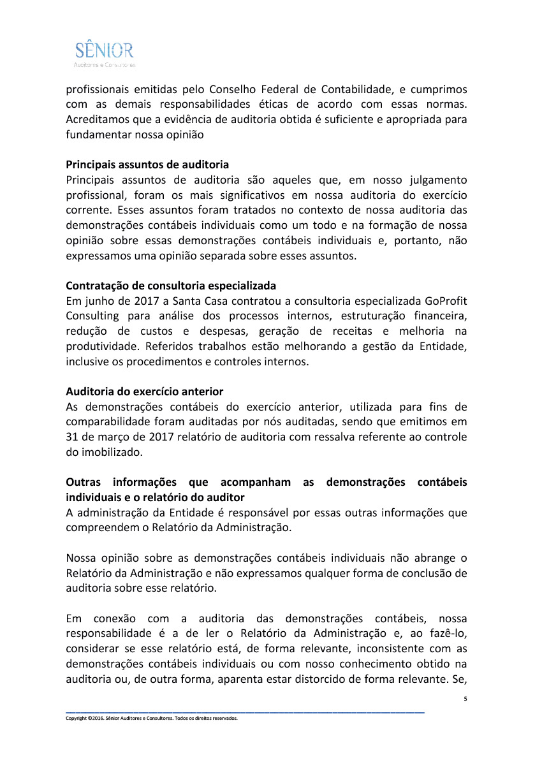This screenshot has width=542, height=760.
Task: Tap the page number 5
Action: [x=465, y=699]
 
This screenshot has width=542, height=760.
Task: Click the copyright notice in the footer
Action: [x=151, y=717]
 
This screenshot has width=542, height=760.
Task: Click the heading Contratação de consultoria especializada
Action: [x=171, y=285]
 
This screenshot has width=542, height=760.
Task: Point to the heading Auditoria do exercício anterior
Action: [x=144, y=391]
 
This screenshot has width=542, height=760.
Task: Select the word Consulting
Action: [x=92, y=316]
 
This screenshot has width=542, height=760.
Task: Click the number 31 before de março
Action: [x=71, y=437]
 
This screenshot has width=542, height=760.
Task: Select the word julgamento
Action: [x=432, y=180]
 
